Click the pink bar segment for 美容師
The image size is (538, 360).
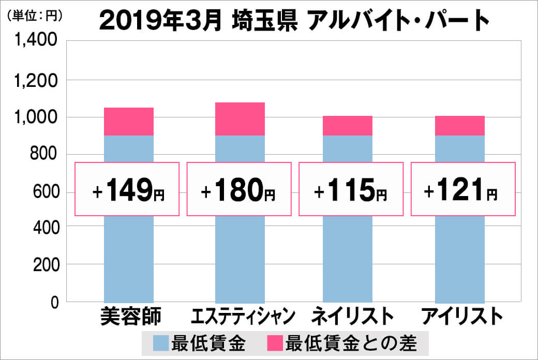[x=129, y=122]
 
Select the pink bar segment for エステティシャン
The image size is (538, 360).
[x=240, y=119]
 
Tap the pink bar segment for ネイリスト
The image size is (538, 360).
[x=348, y=126]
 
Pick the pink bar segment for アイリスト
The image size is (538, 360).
[x=460, y=126]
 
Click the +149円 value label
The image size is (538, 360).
[x=128, y=189]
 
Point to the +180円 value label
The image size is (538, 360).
[x=238, y=189]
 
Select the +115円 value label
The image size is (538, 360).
[x=350, y=189]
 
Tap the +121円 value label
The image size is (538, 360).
[x=463, y=189]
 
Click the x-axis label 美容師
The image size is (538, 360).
[x=130, y=316]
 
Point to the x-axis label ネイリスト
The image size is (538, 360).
[x=349, y=316]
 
